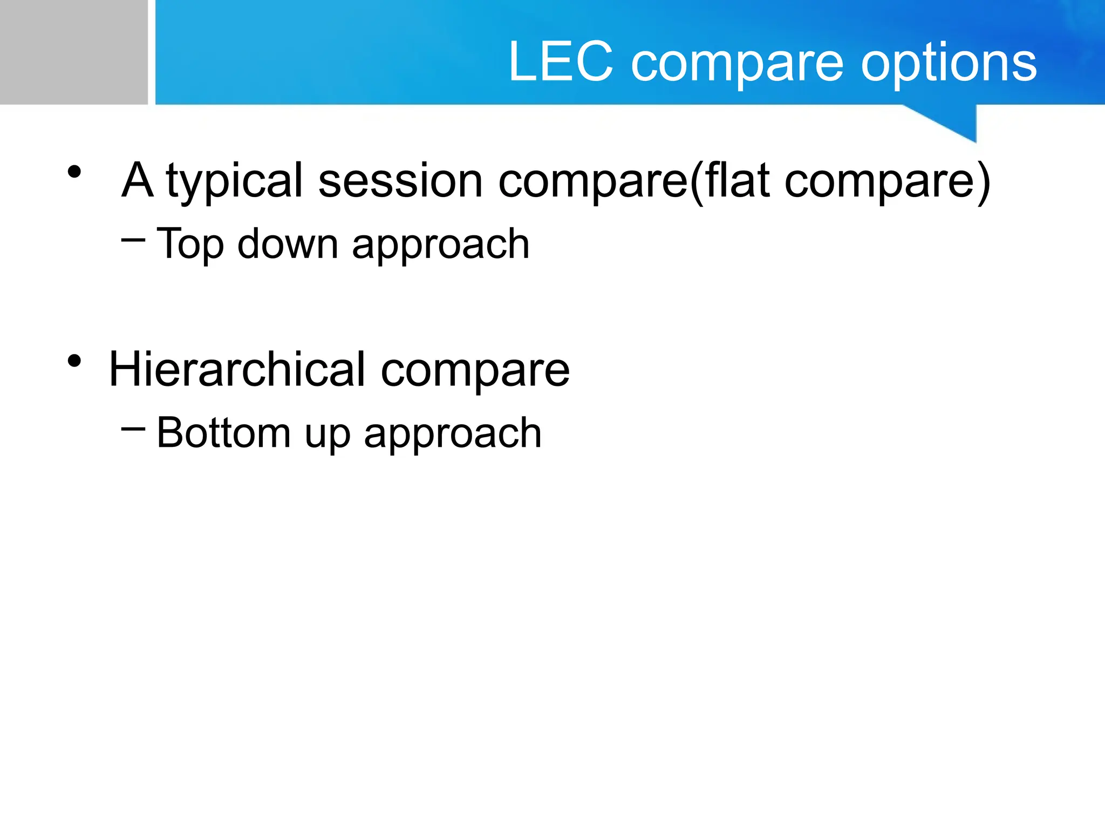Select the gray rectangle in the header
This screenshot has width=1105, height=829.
73,52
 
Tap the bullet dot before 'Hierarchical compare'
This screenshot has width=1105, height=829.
74,361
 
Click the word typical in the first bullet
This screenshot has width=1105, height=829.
234,181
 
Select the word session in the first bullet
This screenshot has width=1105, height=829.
400,180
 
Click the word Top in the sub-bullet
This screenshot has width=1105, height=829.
190,244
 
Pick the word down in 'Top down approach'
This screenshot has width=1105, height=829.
288,243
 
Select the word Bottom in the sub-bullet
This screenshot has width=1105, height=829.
223,433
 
